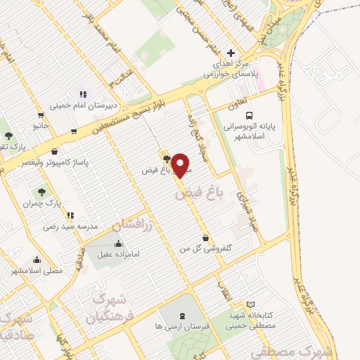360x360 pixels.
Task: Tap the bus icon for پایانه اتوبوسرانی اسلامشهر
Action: coord(248,115)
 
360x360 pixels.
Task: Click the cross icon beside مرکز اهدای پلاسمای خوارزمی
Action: coord(232,53)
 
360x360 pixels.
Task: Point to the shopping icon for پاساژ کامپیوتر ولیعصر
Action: coord(56,150)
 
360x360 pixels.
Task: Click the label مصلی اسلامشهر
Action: coord(33,270)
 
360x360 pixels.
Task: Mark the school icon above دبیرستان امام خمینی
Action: coord(84,94)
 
